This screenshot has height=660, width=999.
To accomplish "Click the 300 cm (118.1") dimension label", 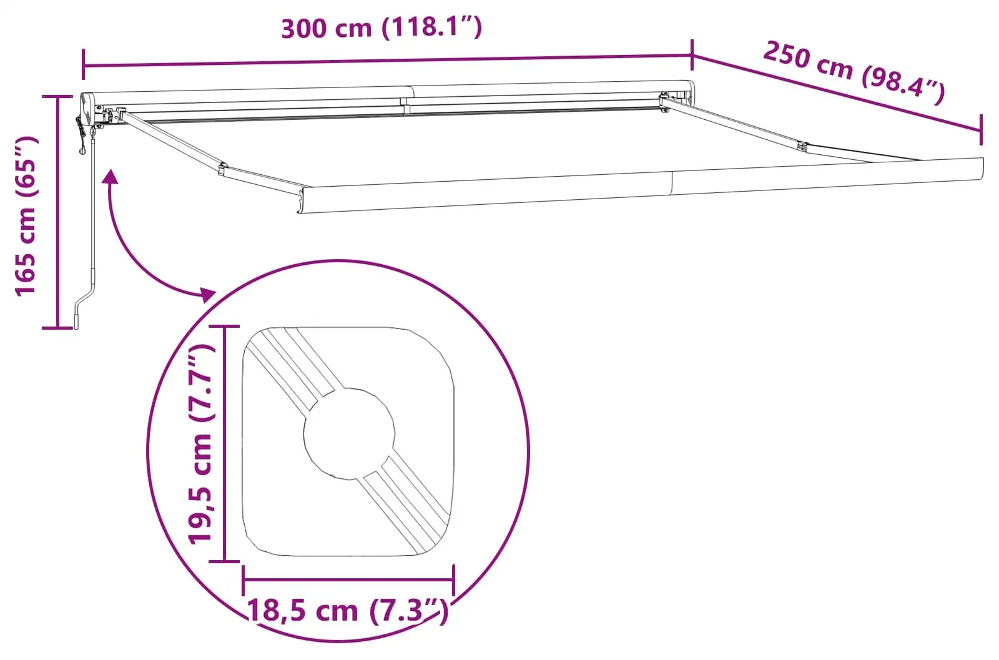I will (x=381, y=27).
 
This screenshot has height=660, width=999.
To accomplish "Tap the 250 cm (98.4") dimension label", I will (x=854, y=72).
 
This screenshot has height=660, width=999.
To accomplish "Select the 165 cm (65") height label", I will (x=27, y=215).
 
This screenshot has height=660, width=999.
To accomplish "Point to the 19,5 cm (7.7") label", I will (x=202, y=443).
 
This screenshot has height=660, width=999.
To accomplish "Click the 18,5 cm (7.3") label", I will (x=348, y=610).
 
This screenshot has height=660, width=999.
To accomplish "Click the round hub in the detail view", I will (x=349, y=433).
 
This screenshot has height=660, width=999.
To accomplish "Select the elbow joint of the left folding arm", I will (x=222, y=168).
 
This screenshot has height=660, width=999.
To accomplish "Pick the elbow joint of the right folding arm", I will (x=802, y=148).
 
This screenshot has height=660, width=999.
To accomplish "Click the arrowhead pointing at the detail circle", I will (x=207, y=293).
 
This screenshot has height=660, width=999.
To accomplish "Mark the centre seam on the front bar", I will (x=672, y=184).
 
